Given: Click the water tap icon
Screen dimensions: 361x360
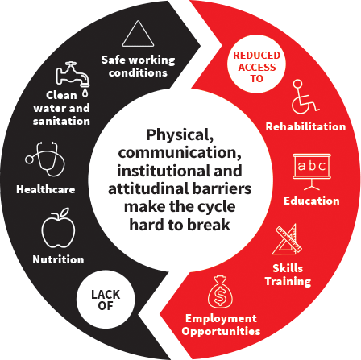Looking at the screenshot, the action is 73,74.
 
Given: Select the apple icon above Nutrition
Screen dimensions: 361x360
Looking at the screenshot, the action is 58,228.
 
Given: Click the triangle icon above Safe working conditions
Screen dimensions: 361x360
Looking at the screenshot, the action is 138,34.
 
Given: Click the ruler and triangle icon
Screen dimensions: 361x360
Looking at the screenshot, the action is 288,240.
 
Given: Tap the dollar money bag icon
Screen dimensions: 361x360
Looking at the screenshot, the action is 220,292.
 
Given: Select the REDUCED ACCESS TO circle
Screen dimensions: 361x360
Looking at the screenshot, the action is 256,64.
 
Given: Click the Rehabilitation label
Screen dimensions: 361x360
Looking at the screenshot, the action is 305,126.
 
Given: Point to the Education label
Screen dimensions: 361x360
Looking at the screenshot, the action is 312,201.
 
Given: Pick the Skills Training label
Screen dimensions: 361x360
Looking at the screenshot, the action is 288,275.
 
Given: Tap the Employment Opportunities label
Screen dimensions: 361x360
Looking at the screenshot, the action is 221,325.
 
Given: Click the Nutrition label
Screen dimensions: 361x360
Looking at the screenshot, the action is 58,259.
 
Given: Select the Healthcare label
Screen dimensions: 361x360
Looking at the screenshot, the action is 46,189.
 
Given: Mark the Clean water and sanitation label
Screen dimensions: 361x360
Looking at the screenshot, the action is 61,108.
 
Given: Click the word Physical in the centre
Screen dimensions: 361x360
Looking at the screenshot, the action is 180,134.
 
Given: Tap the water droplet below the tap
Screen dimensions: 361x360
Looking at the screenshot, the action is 85,93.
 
